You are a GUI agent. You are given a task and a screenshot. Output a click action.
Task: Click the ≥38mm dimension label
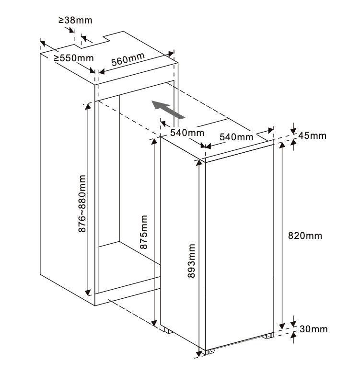pos(76,20)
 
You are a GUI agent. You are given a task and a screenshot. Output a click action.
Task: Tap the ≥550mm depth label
pos(74,58)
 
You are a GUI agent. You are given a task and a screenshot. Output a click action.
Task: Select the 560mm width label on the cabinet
pos(128,59)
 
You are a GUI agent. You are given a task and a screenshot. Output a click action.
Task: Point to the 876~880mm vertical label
pos(82,203)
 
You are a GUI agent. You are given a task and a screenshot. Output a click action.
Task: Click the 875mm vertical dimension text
pos(144,232)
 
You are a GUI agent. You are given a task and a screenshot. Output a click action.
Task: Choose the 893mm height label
pos(191,261)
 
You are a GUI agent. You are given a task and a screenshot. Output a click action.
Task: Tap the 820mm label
pos(305,236)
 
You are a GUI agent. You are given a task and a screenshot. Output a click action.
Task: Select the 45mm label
pos(312,136)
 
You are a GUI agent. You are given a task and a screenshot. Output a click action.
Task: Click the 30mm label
pos(314,329)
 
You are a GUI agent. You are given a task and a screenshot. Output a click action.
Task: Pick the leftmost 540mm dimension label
pos(187,133)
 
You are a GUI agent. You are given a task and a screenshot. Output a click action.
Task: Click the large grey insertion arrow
pos(168,110)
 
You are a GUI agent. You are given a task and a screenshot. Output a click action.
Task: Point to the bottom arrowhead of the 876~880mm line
pos(88,293)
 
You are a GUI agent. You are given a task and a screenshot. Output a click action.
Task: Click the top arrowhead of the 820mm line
pos(282,145)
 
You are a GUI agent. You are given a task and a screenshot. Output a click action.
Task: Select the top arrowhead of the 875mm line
pos(154,142)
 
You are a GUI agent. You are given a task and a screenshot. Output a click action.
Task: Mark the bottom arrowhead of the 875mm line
pos(154,323)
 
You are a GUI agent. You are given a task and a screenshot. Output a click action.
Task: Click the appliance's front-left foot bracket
pos(210,351)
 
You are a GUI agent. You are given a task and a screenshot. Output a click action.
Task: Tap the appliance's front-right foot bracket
pos(268,336)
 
